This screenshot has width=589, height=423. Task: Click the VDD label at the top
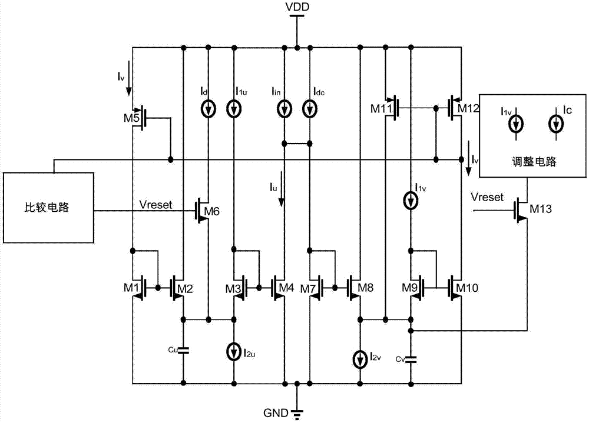point(297,6)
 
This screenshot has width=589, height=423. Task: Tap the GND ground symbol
point(297,414)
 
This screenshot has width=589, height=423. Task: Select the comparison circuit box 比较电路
point(48,208)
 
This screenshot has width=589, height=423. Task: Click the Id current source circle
point(208,109)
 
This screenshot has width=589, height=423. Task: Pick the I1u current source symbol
point(234,109)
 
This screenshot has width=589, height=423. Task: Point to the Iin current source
point(284,109)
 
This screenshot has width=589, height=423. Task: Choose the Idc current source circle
point(310,109)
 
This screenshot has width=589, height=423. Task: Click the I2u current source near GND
point(234,352)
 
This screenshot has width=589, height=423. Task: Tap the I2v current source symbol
point(360,359)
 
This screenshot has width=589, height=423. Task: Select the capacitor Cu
point(183,351)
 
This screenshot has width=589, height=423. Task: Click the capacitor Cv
point(411,359)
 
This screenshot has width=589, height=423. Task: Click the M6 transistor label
point(211,211)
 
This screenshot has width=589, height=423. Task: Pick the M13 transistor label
point(541,209)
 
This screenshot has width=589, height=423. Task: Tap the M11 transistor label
point(381,109)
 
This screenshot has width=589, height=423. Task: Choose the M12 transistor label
point(468,108)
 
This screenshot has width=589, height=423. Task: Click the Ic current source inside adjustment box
point(556,124)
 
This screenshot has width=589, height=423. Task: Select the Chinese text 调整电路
point(534,162)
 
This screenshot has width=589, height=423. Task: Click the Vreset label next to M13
point(487,197)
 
